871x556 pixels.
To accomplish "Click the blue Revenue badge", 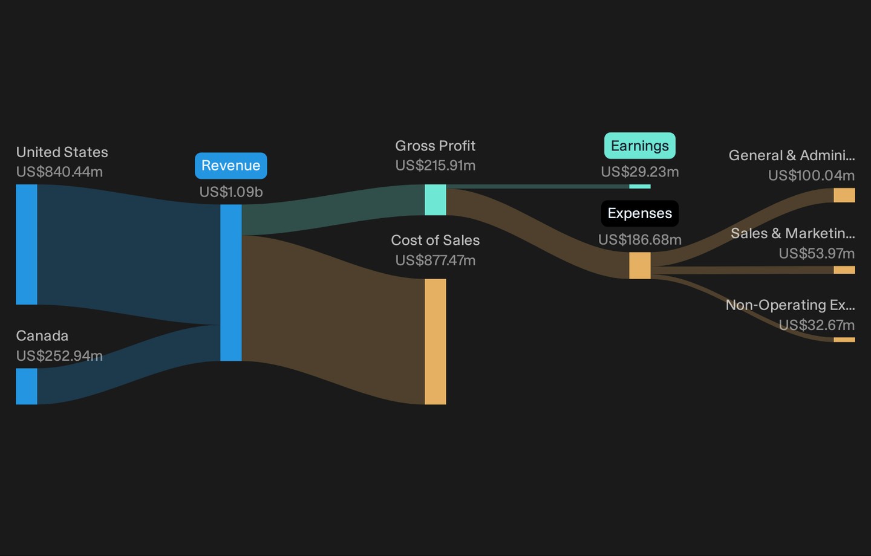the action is tap(231, 166).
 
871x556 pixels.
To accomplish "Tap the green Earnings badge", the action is tap(640, 146).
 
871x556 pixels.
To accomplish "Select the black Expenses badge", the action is tap(640, 213).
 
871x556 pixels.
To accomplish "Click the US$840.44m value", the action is tap(59, 172).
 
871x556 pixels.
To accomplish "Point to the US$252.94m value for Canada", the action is tap(59, 355).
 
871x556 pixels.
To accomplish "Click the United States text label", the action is tap(62, 152).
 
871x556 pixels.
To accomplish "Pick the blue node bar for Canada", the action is tap(27, 386).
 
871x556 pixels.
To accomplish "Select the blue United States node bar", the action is tap(27, 244).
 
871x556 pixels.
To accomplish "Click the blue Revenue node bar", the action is tap(231, 283).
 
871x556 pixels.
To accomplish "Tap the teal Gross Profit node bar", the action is tap(435, 199).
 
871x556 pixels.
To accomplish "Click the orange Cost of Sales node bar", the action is tap(435, 341).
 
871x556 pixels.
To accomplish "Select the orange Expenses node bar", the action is tap(640, 265).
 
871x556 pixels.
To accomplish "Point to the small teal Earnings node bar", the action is tap(640, 187).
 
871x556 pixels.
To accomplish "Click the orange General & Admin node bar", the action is tap(844, 195).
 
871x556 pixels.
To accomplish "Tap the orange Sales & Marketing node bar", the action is tap(844, 270).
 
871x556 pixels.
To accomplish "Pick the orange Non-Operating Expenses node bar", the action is tap(844, 340).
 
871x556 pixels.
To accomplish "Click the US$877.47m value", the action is tap(435, 260).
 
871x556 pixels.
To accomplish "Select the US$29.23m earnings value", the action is tap(640, 172).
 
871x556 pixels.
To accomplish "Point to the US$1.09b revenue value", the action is tap(231, 192).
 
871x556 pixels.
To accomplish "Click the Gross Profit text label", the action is tap(435, 146).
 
